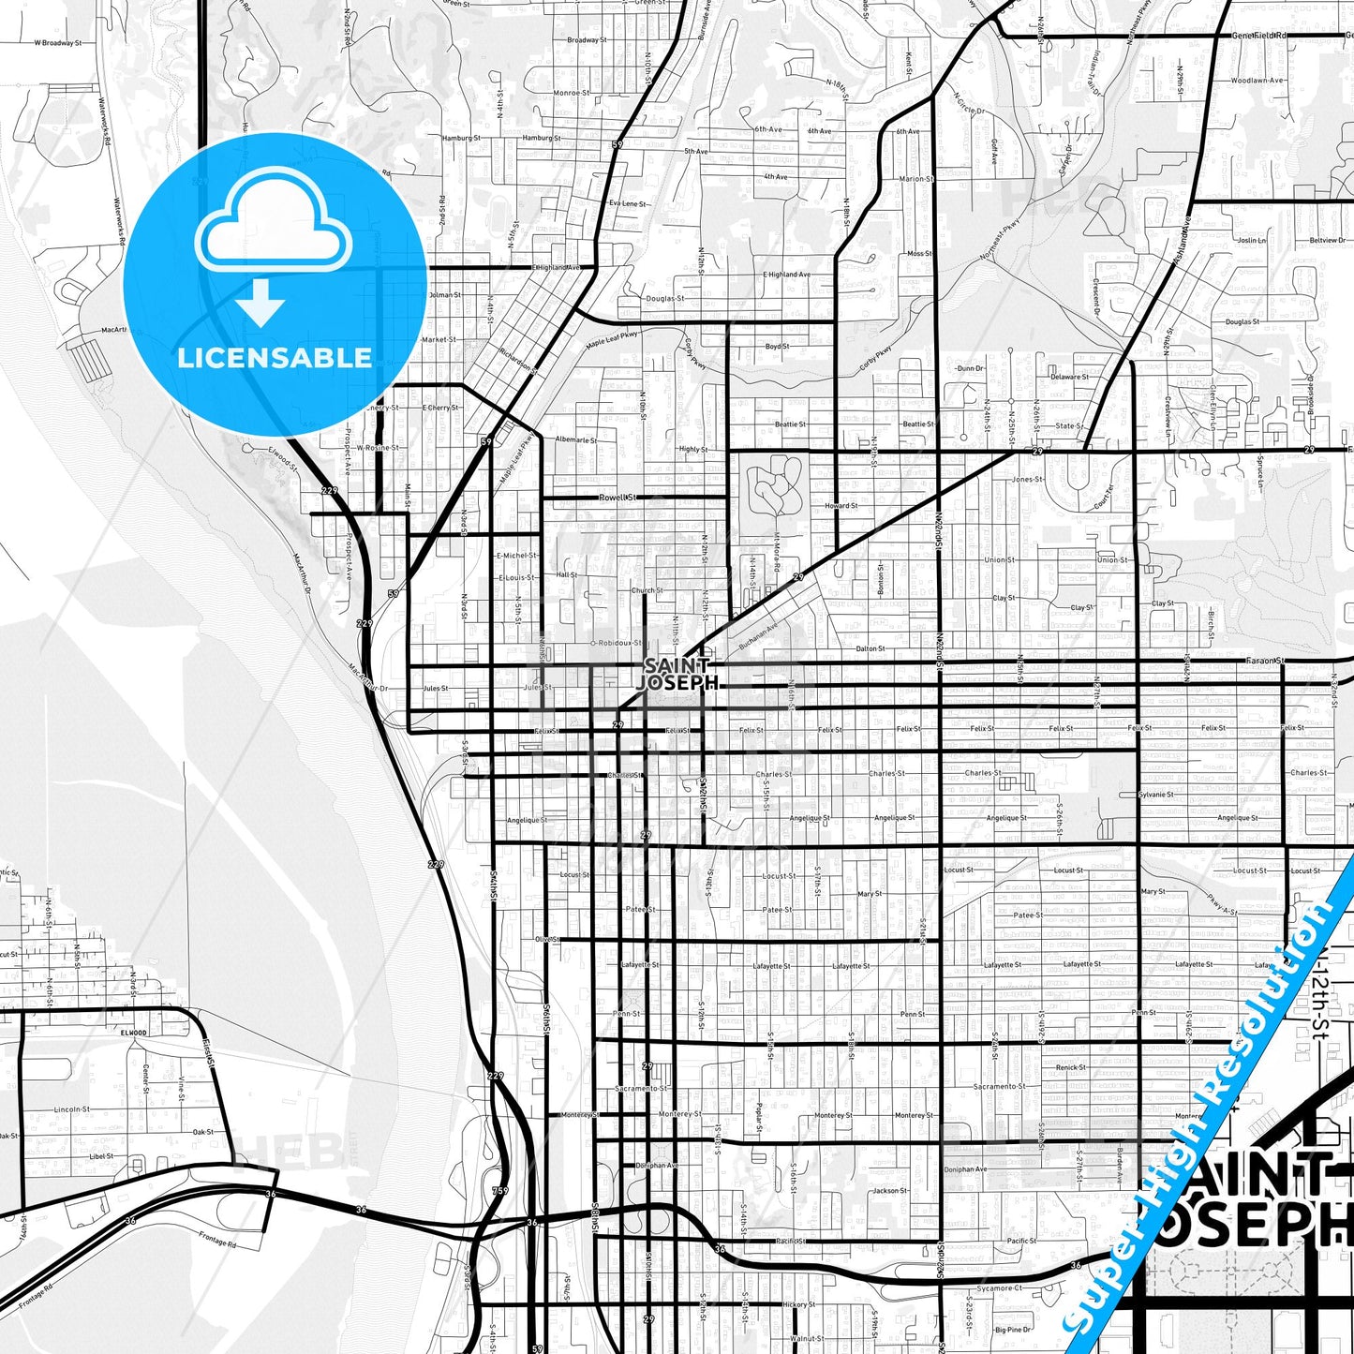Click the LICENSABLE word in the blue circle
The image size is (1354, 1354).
click(275, 358)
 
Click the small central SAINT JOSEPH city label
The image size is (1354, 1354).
click(677, 675)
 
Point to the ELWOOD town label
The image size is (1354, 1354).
click(133, 1033)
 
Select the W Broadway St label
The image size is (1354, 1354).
click(58, 43)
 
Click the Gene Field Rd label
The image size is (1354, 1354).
click(1258, 36)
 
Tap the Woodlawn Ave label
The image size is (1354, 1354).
click(1257, 81)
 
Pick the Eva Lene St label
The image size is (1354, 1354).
click(628, 203)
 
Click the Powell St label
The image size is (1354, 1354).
click(617, 498)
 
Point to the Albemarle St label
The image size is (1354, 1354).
click(576, 439)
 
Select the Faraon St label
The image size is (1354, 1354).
click(1264, 661)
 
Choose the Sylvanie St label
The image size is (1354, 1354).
click(1155, 795)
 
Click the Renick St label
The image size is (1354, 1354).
click(1071, 1067)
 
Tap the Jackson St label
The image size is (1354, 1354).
click(890, 1191)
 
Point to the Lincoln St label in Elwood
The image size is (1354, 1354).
click(72, 1109)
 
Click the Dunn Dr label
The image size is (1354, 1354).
click(971, 368)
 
